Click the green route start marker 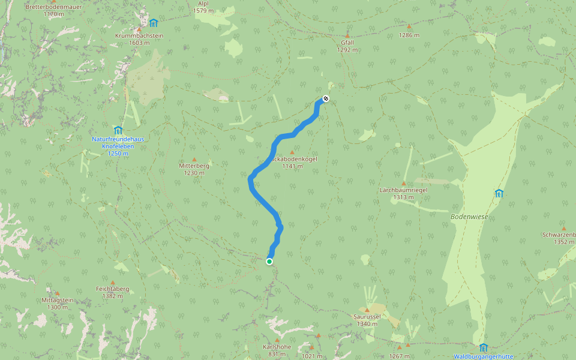[269, 261]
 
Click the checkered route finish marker [326, 98]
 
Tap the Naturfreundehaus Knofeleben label [118, 143]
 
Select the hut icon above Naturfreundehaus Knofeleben [118, 130]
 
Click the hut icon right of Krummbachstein [154, 23]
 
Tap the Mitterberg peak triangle [194, 159]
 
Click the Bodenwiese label [469, 216]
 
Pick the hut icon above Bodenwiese [499, 193]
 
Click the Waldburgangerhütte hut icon [484, 347]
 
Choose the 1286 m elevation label [409, 35]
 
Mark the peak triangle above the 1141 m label [293, 152]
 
